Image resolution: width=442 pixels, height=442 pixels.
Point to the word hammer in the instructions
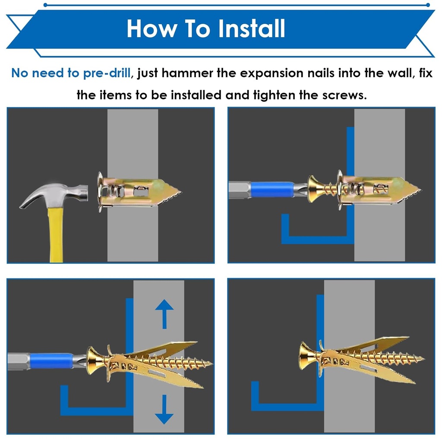coord(187,73)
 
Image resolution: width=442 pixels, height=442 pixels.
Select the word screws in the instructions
coord(344,95)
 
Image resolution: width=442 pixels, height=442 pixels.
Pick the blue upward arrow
coord(164,313)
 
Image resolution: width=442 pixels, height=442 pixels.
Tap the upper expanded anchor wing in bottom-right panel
coord(376,343)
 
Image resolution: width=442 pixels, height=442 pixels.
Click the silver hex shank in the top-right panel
coord(239,190)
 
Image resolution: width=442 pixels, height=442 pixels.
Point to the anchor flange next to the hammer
coord(100,191)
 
